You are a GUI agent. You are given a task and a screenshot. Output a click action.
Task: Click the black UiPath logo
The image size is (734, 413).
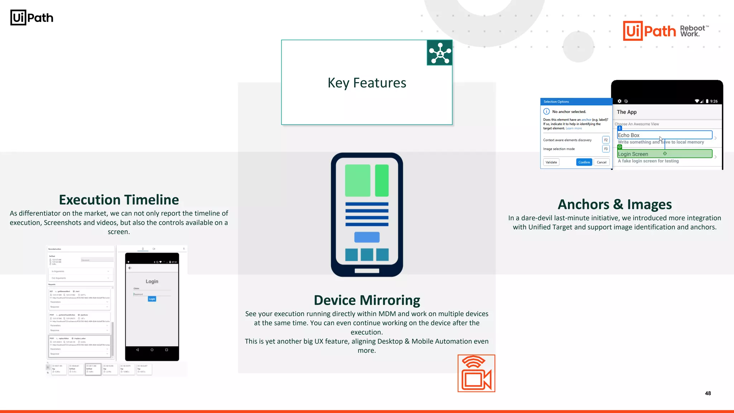coord(32,18)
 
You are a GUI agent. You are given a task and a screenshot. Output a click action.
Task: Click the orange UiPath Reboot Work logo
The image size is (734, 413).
coord(665,31)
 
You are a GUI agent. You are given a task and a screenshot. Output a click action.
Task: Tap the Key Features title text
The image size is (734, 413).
coord(367,83)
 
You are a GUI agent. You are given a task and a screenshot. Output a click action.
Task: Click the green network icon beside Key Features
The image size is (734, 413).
coord(440,53)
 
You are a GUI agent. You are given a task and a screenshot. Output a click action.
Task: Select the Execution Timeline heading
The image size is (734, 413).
coord(119,200)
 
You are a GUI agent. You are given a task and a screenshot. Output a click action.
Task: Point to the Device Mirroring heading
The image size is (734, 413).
coord(367,300)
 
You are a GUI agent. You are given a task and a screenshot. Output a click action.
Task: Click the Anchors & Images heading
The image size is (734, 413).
coord(615,204)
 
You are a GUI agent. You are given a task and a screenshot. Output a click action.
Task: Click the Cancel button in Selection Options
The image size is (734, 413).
coord(601,162)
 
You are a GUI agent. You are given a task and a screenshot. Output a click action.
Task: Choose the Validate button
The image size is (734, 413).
coord(551,162)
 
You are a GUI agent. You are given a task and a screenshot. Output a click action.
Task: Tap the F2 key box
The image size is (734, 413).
coord(606,140)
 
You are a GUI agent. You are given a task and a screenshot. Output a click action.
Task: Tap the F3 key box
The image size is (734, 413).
coord(606,149)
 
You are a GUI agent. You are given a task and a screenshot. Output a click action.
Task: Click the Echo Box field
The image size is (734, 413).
coord(664,135)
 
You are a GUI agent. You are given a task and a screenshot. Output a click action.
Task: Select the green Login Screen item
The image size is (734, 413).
coord(664,154)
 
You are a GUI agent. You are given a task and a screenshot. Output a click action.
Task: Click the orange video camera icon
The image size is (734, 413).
coord(476,373)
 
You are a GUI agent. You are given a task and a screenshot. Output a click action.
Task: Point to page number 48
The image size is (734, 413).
coord(708,393)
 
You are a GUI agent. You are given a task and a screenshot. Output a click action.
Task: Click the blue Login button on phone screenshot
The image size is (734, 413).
coord(152,299)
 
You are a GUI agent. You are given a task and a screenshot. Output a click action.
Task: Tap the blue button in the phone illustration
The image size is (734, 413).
coord(367,237)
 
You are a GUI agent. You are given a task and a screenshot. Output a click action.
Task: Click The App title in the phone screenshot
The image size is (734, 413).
coord(627,112)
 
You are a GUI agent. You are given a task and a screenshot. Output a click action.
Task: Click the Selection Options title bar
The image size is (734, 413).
coord(576,102)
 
